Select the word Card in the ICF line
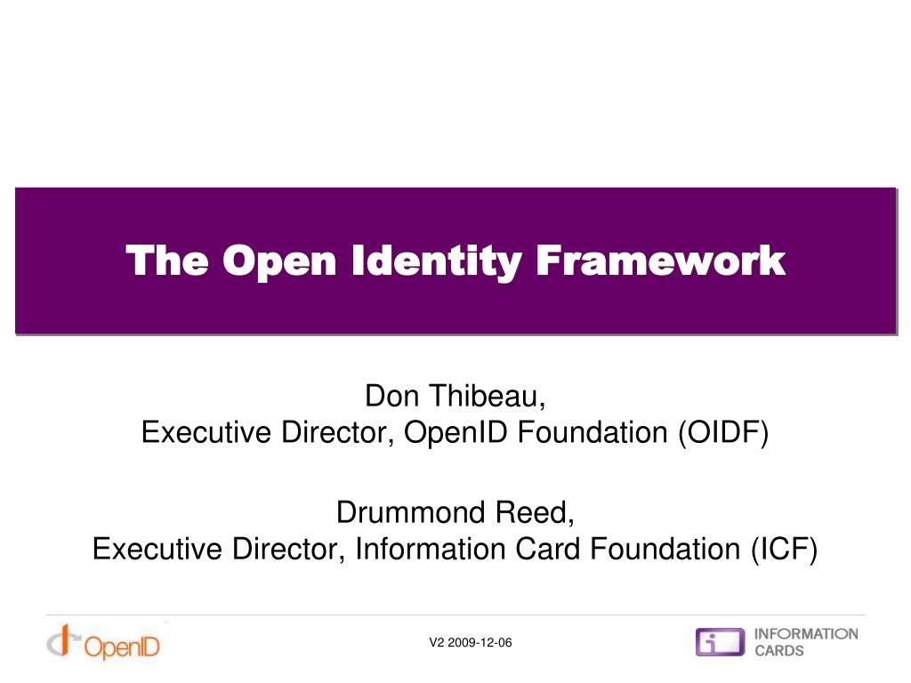tap(549, 550)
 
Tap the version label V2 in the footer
tap(436, 643)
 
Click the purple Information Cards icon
tap(720, 642)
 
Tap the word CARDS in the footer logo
tap(778, 651)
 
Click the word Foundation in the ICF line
tap(663, 550)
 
